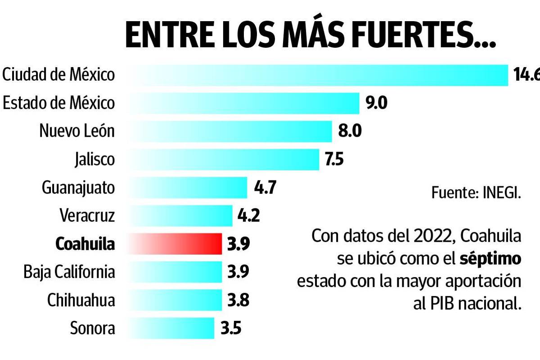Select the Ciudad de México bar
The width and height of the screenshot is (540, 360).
(315, 75)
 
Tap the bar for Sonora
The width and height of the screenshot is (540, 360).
(171, 328)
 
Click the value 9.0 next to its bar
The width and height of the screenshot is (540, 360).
(376, 103)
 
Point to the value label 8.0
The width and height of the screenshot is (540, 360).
(350, 131)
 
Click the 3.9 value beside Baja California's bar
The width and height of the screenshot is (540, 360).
(238, 272)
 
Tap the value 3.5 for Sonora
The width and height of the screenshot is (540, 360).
(231, 328)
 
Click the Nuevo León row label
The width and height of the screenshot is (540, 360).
(77, 131)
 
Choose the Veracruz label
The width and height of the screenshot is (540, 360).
(87, 216)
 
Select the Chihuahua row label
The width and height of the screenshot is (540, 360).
(81, 300)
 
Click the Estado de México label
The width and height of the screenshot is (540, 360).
(58, 103)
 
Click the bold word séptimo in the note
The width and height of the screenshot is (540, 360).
(490, 259)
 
